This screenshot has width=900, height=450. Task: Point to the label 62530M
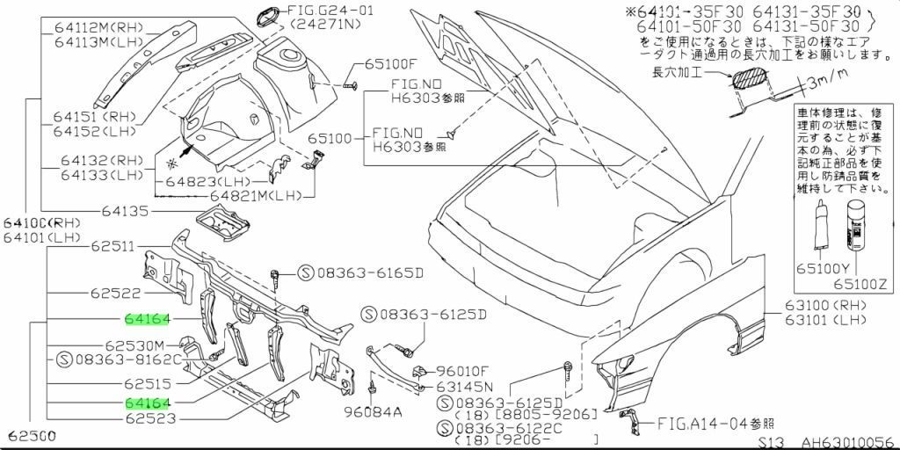135,345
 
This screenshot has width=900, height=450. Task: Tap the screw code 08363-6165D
361,273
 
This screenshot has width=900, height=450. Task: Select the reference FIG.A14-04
707,424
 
